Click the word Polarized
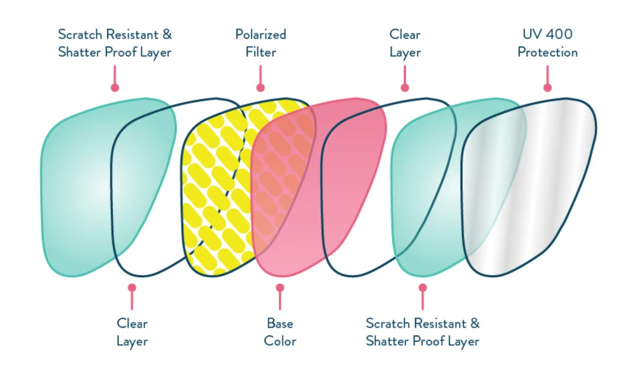pyautogui.click(x=261, y=35)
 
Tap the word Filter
pyautogui.click(x=261, y=53)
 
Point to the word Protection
pyautogui.click(x=547, y=53)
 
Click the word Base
pyautogui.click(x=280, y=323)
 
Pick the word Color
pyautogui.click(x=280, y=341)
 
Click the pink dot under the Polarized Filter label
pyautogui.click(x=261, y=88)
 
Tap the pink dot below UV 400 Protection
pyautogui.click(x=547, y=88)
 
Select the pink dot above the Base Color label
pyautogui.click(x=280, y=287)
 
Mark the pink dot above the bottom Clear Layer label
pyautogui.click(x=132, y=287)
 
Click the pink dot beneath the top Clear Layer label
pyautogui.click(x=405, y=88)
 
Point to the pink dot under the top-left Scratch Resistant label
pyautogui.click(x=115, y=88)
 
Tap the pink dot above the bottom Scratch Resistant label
pyautogui.click(x=422, y=287)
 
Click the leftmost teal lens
pyautogui.click(x=76, y=189)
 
